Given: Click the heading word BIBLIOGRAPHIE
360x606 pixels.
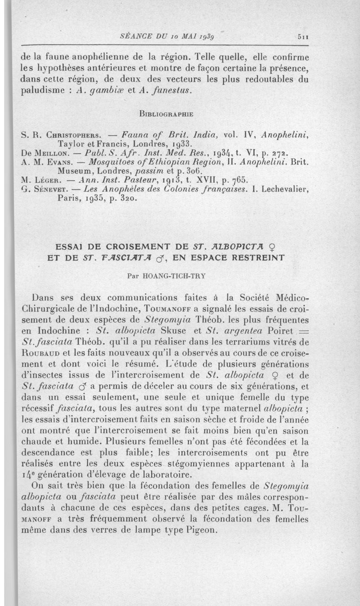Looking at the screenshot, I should (x=166, y=114).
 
